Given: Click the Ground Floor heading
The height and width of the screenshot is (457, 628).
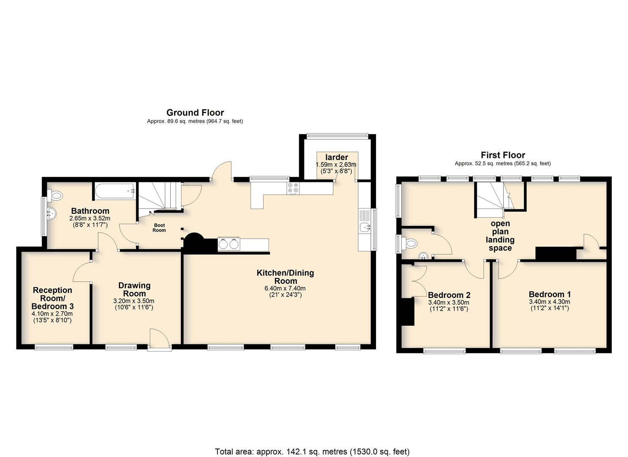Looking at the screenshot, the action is click(x=195, y=113).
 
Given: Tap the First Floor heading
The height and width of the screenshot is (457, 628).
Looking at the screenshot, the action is click(x=503, y=155).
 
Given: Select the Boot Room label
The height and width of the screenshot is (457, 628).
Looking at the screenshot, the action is click(x=159, y=228).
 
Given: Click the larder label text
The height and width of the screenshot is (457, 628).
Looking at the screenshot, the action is click(x=337, y=157).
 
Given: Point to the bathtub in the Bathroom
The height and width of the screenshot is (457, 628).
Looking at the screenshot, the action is click(x=115, y=191).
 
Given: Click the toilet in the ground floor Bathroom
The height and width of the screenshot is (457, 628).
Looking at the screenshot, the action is click(x=55, y=195).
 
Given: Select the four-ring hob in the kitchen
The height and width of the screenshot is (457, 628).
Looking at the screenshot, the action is click(x=293, y=188).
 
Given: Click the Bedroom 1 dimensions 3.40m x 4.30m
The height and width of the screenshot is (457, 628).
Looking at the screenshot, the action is click(x=549, y=302).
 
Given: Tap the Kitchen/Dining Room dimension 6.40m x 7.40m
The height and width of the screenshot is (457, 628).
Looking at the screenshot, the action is click(x=285, y=289).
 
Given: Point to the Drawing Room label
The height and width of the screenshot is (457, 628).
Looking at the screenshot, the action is click(x=134, y=289).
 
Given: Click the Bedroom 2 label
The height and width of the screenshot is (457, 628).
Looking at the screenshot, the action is click(x=449, y=295).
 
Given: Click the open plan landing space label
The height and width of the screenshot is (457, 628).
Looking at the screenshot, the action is click(x=500, y=236).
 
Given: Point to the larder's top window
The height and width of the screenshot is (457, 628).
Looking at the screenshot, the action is click(x=337, y=136).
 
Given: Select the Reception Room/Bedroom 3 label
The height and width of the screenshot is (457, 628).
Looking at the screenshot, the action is click(x=52, y=298).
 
